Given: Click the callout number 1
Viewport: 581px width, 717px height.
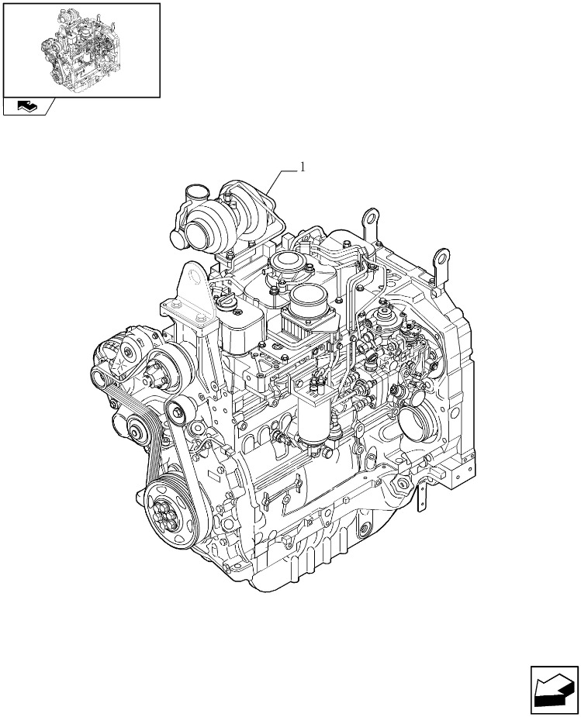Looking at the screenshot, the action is pyautogui.click(x=302, y=167).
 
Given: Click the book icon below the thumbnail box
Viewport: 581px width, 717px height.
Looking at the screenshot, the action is pyautogui.click(x=28, y=106).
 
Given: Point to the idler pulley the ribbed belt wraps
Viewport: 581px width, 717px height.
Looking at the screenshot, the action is pyautogui.click(x=136, y=431).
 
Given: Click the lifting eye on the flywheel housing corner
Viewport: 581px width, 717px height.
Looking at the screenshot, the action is pyautogui.click(x=441, y=260).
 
